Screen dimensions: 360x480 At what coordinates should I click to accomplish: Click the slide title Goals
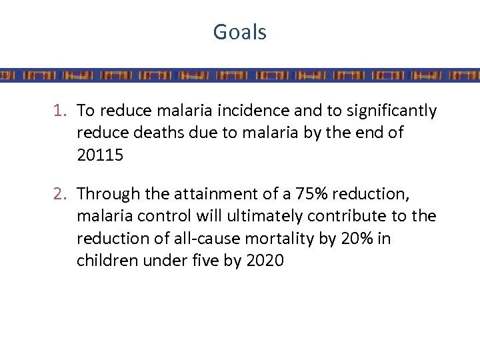pos(239,32)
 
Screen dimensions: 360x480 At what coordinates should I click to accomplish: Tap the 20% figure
pos(351,238)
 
